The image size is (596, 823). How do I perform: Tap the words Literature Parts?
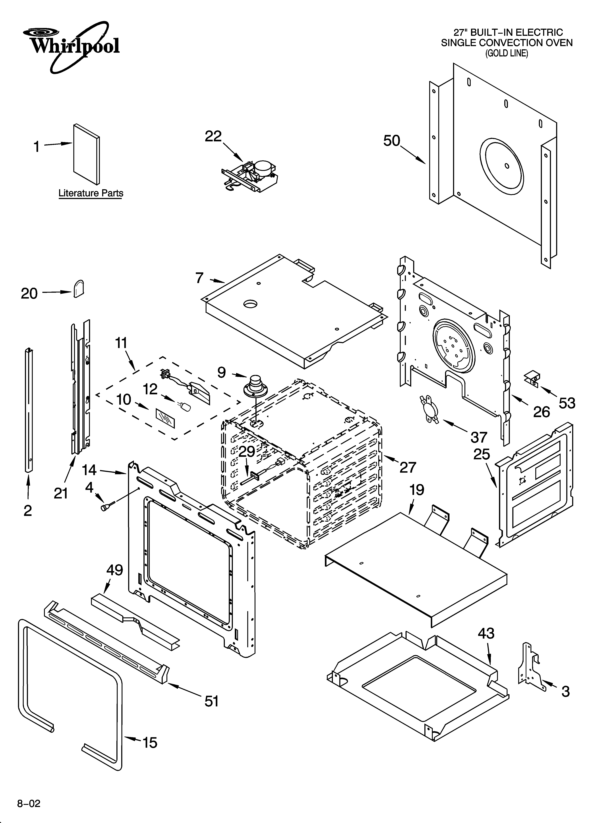click(91, 193)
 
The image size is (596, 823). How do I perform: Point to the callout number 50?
click(392, 141)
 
